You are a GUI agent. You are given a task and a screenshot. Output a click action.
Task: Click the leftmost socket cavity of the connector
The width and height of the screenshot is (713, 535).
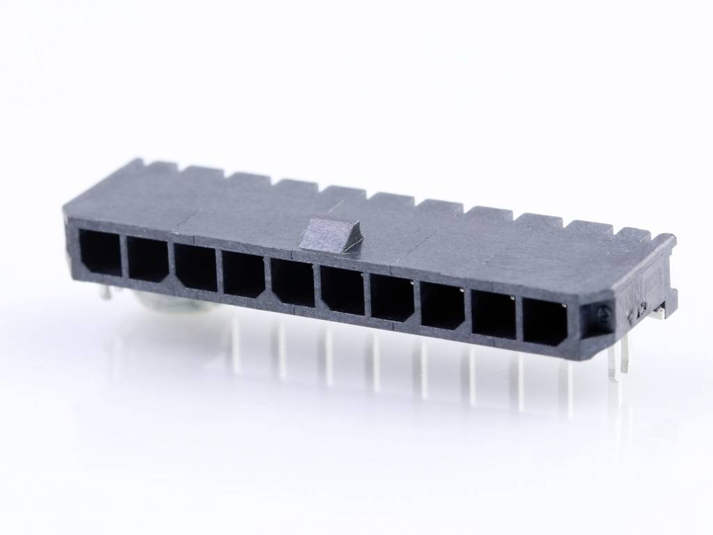point(100,251)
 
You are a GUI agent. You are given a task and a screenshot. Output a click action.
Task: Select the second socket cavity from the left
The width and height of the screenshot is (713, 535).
point(148,259)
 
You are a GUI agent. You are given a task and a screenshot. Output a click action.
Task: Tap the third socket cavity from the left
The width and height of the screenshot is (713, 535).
point(196,267)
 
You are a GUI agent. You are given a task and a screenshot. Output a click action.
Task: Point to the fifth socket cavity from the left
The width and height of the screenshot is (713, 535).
point(293,282)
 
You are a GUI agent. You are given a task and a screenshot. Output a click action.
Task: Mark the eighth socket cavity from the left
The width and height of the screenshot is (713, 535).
point(443,306)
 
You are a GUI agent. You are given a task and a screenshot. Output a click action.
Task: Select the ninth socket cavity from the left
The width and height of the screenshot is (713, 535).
point(494,314)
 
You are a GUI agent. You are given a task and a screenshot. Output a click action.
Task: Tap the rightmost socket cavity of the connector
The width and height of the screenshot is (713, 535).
point(545,322)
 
